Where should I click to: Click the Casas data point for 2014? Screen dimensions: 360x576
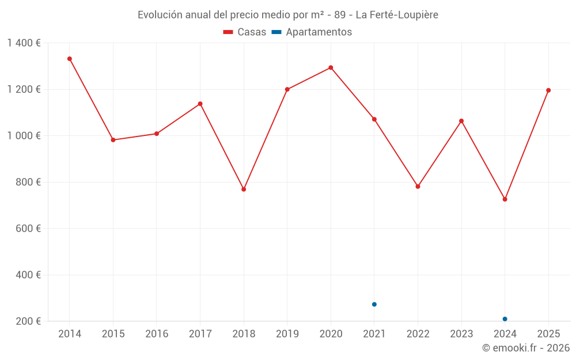tap(70, 59)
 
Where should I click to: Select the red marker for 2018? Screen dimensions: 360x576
tap(244, 189)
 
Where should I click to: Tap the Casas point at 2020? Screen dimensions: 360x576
tap(331, 67)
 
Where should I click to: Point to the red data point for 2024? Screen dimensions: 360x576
tap(505, 199)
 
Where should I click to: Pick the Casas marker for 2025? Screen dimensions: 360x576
tap(548, 90)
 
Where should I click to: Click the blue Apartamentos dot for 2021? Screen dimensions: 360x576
tap(374, 304)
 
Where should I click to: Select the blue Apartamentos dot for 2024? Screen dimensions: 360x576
tap(505, 319)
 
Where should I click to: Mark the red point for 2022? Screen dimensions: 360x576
tap(418, 187)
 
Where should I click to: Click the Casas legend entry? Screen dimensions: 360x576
tap(245, 32)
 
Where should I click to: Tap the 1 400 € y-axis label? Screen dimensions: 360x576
tap(24, 43)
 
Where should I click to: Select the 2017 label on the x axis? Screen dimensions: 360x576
tap(200, 334)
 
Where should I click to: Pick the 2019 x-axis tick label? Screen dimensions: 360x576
tap(287, 334)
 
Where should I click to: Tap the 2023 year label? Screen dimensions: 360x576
tap(461, 334)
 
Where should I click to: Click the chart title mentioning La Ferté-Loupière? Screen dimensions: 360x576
tap(288, 15)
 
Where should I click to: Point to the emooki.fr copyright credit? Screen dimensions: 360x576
tap(525, 348)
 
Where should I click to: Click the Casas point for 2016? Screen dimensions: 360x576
tap(157, 134)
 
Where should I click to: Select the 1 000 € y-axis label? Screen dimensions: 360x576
tap(24, 136)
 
